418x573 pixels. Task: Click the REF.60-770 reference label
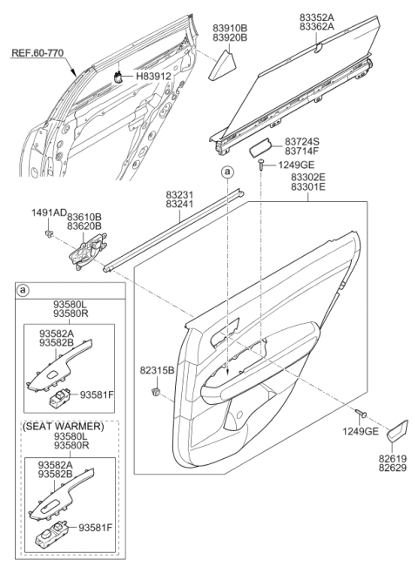tap(37, 53)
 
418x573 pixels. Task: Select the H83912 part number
tap(153, 77)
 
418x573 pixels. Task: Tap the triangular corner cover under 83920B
tap(223, 65)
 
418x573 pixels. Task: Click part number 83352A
tap(317, 17)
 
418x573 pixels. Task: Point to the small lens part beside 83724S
tap(260, 148)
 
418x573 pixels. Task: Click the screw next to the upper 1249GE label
tap(261, 165)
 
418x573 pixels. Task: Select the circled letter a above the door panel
tap(228, 172)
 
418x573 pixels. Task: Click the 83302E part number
tap(308, 177)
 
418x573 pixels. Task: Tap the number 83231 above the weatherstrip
tap(179, 195)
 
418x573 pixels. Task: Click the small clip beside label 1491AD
tap(48, 233)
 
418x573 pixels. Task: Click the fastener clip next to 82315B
tap(156, 391)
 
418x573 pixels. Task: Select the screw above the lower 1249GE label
tap(361, 413)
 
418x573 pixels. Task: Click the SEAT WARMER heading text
tap(64, 427)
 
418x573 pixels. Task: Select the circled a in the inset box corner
tap(23, 291)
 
